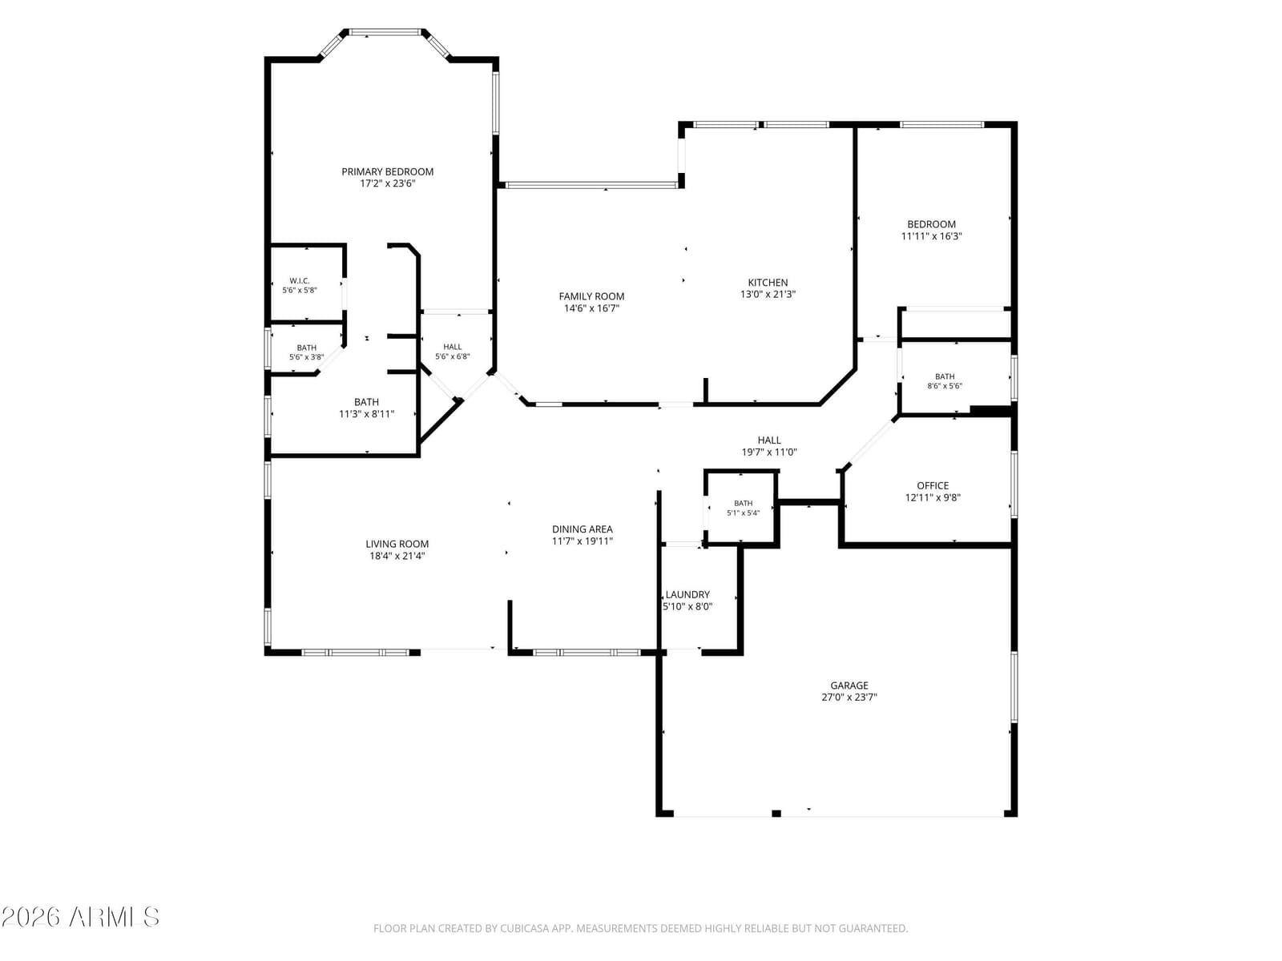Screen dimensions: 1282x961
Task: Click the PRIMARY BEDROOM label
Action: pyautogui.click(x=387, y=171)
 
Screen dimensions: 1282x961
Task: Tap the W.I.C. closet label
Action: pyautogui.click(x=300, y=280)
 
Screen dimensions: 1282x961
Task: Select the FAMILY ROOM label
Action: pyautogui.click(x=591, y=296)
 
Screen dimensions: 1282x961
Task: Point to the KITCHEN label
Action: pyautogui.click(x=768, y=283)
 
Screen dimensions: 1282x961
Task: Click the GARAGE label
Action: pyautogui.click(x=849, y=685)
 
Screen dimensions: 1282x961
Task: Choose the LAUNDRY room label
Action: pyautogui.click(x=687, y=594)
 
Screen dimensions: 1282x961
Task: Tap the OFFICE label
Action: pyautogui.click(x=932, y=485)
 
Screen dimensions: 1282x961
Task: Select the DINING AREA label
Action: pyautogui.click(x=582, y=529)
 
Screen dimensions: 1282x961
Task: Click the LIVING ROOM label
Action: pyautogui.click(x=397, y=544)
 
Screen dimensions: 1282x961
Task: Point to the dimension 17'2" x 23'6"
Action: pyautogui.click(x=387, y=183)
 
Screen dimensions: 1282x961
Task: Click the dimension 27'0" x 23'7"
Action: pyautogui.click(x=849, y=697)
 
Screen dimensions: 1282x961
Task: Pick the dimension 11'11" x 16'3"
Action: pyautogui.click(x=931, y=236)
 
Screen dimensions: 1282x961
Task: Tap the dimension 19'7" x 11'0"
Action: pyautogui.click(x=769, y=452)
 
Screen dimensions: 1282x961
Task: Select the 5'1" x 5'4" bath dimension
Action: pyautogui.click(x=743, y=513)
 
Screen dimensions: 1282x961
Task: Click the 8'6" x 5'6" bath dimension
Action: pyautogui.click(x=945, y=386)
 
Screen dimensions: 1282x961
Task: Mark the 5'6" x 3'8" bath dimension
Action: pyautogui.click(x=306, y=357)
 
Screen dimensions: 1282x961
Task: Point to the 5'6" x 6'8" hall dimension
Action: pyautogui.click(x=452, y=356)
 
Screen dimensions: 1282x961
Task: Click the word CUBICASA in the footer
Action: pyautogui.click(x=523, y=927)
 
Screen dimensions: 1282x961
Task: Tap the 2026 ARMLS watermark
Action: pyautogui.click(x=80, y=917)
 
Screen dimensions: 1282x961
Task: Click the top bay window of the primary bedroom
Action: pyautogui.click(x=385, y=32)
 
